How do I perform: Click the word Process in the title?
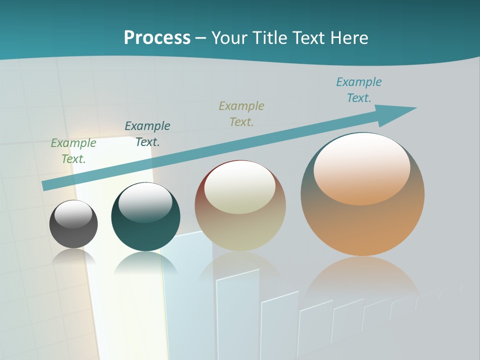click(x=157, y=38)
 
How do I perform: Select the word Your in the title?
click(x=229, y=38)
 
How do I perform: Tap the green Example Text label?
click(x=73, y=150)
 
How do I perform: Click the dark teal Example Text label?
click(x=147, y=133)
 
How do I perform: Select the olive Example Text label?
click(x=241, y=113)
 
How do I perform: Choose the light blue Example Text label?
click(x=359, y=89)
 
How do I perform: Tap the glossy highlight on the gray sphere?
click(x=73, y=214)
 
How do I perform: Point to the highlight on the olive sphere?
click(x=239, y=186)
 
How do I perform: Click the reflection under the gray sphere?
click(x=73, y=256)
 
